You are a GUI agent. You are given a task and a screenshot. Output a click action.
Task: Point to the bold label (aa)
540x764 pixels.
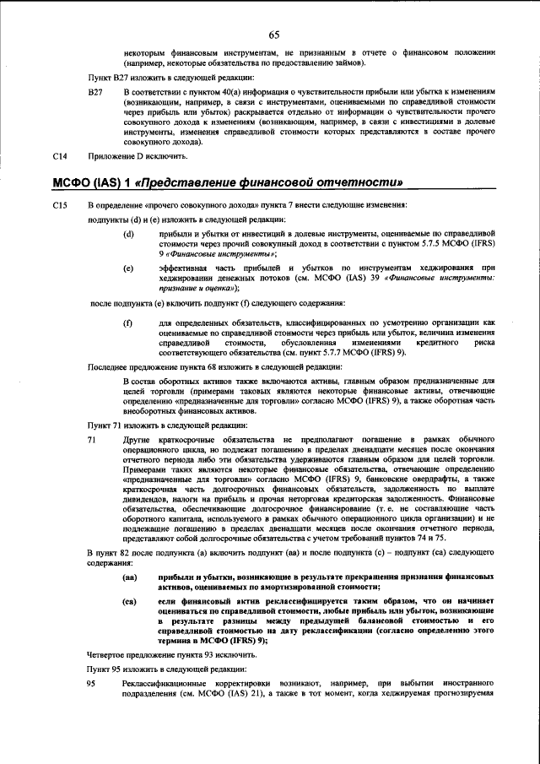[130, 577]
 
